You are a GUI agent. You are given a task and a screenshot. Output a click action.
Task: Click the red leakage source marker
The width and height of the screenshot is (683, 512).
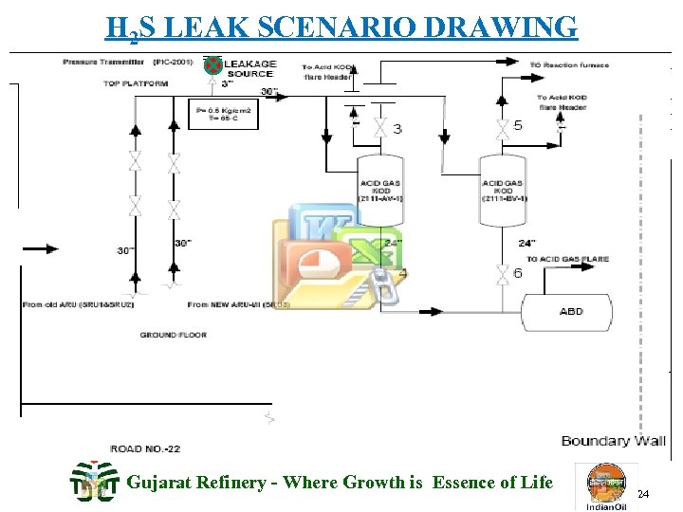tap(213, 65)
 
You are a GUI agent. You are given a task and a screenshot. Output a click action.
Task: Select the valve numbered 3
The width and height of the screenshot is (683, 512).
tap(379, 127)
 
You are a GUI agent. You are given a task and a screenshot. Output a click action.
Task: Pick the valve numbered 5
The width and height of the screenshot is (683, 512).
tap(500, 125)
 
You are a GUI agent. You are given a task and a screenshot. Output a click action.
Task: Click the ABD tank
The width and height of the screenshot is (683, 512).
tap(571, 312)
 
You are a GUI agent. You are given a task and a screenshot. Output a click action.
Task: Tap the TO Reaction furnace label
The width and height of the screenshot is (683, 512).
tap(569, 65)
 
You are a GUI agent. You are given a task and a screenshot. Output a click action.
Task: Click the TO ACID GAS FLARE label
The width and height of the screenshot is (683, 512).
tap(567, 259)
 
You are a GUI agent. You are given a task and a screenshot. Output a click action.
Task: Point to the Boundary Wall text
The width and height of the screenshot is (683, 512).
tap(613, 441)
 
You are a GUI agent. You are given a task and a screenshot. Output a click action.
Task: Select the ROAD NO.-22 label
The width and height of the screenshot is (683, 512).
tap(145, 448)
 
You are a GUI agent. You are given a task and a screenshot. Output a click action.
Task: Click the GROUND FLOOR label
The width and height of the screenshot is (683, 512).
tap(173, 335)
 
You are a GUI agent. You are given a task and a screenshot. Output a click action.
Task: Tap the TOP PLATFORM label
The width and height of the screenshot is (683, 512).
tap(136, 83)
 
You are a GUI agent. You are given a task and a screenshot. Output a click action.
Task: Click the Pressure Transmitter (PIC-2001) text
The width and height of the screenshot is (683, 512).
tap(128, 62)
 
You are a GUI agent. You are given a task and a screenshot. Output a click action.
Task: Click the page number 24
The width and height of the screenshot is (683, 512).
tap(642, 495)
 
